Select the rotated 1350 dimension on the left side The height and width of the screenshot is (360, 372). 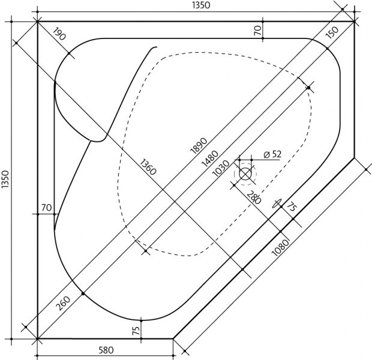[x=7, y=181]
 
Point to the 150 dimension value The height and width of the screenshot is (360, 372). [x=331, y=34]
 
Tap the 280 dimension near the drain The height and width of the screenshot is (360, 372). [x=254, y=197]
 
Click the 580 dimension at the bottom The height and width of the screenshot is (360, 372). [x=105, y=350]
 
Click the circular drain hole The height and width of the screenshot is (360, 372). [x=245, y=174]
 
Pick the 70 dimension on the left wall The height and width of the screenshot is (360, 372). [x=46, y=208]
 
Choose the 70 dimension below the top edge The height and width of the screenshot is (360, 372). [x=257, y=29]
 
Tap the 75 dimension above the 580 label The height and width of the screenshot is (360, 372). [x=136, y=330]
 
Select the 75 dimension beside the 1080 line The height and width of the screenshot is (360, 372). [x=292, y=208]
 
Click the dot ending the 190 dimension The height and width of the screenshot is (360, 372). [x=71, y=54]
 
